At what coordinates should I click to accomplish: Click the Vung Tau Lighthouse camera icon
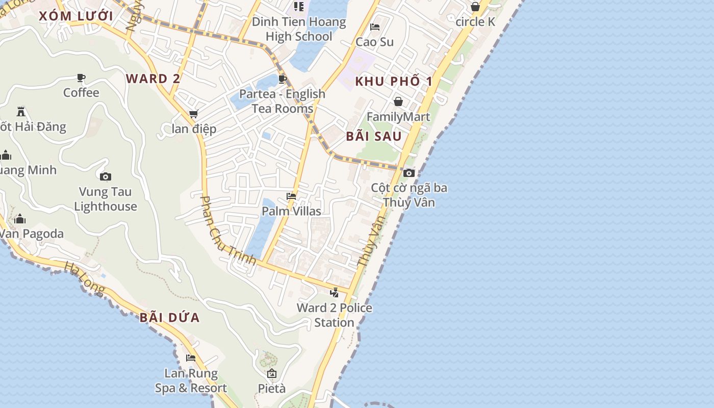pos(106,176)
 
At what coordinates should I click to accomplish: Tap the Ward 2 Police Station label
pos(334,315)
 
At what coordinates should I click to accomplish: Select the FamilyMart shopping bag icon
pos(398,101)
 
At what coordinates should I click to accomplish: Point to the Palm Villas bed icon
pos(291,196)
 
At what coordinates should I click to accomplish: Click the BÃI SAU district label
pos(374,136)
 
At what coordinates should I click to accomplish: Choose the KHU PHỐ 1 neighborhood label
pos(393,81)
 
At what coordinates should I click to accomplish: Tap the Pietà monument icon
pos(271,373)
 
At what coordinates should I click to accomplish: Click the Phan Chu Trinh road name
pos(228,231)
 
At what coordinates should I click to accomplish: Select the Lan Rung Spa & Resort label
pos(191,381)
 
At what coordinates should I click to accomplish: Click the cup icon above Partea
pos(282,79)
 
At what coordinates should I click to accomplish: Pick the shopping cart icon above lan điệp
pos(193,114)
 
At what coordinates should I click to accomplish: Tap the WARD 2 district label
pos(153,79)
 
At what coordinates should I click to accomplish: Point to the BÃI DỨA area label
pos(169,318)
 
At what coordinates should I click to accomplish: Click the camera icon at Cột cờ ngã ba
pos(409,173)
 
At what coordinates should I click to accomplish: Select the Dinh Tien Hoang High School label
pos(299,29)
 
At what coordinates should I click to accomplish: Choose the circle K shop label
pos(475,22)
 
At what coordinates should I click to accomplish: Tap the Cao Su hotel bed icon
pos(375,27)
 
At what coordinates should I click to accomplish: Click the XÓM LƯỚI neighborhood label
pos(75,16)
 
